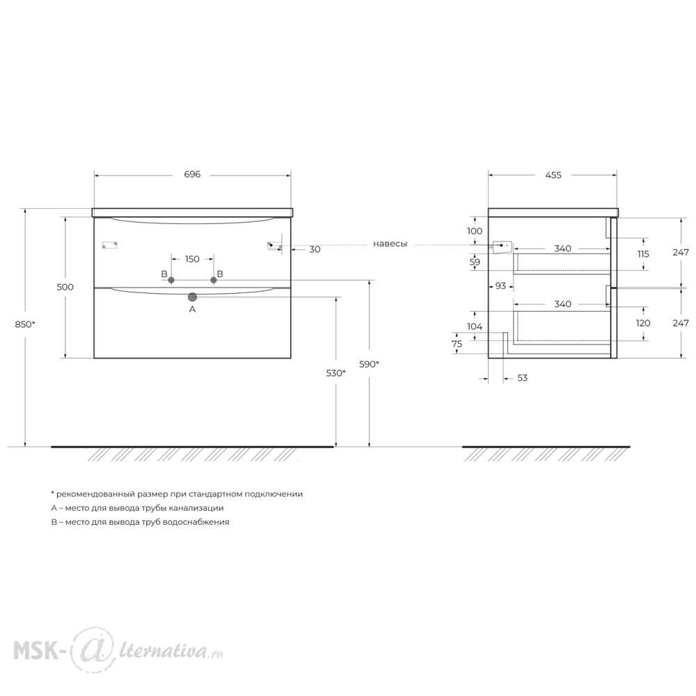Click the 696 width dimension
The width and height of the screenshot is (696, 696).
(x=192, y=175)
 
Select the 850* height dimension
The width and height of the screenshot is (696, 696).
(x=25, y=324)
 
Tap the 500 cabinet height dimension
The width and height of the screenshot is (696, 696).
(x=65, y=287)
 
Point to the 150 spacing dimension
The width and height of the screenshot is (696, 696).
(x=192, y=259)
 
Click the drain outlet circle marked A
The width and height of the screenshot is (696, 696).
(x=192, y=297)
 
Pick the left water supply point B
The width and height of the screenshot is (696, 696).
(x=171, y=280)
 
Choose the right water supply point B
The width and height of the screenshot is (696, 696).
(x=214, y=280)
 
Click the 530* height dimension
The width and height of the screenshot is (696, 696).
(x=336, y=373)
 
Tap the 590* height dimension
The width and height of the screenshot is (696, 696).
(x=370, y=364)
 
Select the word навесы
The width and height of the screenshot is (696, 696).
(x=390, y=244)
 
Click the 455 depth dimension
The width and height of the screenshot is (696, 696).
(x=553, y=175)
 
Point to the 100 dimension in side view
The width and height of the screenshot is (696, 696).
(x=475, y=231)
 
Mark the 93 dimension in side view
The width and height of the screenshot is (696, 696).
(x=500, y=286)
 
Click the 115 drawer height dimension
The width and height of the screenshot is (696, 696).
(x=642, y=254)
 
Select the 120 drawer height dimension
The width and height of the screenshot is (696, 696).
(x=643, y=323)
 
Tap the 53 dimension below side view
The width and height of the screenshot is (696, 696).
(x=522, y=378)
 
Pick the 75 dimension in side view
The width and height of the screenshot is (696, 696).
(x=457, y=344)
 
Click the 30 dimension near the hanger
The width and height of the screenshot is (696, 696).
(x=315, y=249)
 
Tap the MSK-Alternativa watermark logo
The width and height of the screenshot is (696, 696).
(x=118, y=650)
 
